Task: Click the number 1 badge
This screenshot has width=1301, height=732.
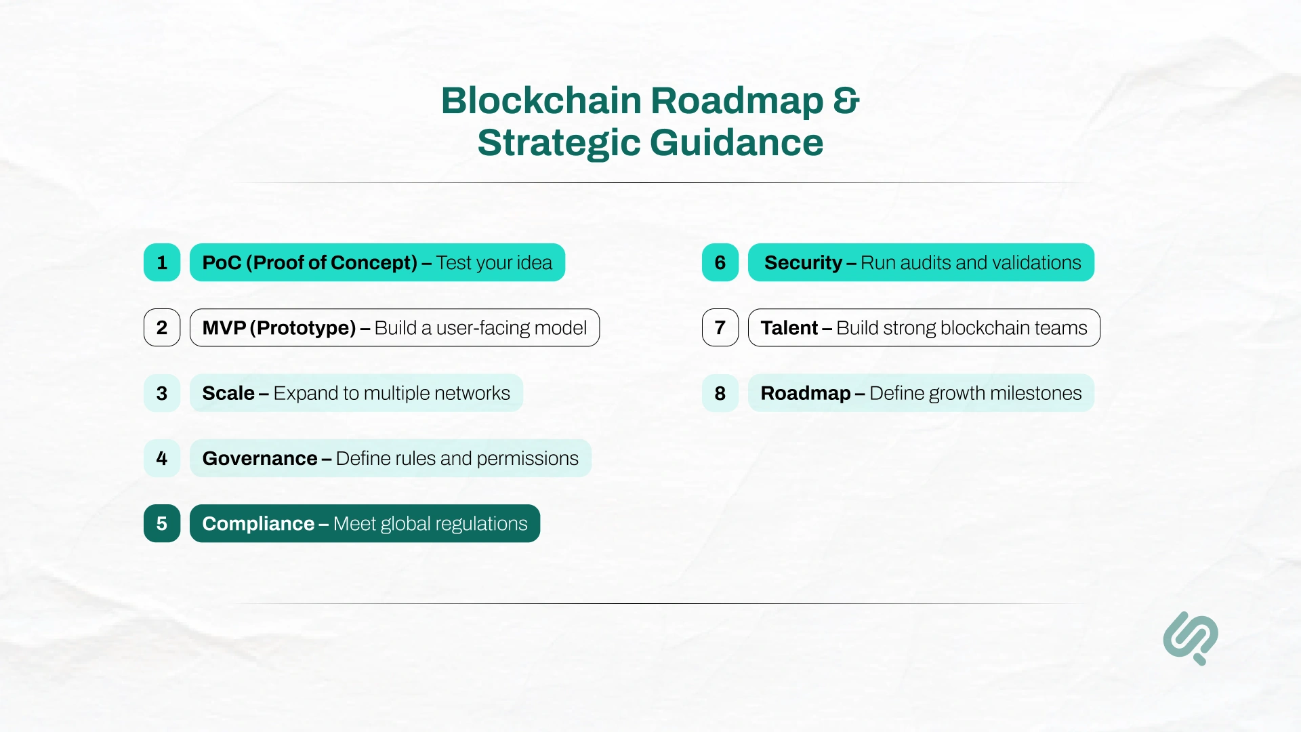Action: point(162,262)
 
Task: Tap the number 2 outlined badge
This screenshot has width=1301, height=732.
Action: point(162,327)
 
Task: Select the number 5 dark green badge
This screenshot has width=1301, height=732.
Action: point(162,523)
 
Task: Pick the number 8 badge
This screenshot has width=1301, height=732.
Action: point(720,393)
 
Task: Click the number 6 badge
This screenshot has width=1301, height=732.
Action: point(720,262)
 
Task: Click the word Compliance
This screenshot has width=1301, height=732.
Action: point(258,524)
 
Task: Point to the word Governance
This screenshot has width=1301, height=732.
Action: point(260,459)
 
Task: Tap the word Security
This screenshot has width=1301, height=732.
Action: point(803,263)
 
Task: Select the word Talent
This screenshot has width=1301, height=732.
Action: point(789,328)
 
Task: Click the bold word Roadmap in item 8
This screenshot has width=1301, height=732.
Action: point(805,393)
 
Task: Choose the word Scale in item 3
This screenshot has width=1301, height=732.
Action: point(228,393)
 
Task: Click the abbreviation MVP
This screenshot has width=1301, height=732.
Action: point(224,328)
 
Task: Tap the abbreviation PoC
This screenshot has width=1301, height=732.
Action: point(222,263)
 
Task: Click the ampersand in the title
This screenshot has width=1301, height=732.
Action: point(846,100)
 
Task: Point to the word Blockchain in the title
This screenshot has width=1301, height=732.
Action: point(541,100)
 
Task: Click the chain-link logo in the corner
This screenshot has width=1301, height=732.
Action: point(1191,638)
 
